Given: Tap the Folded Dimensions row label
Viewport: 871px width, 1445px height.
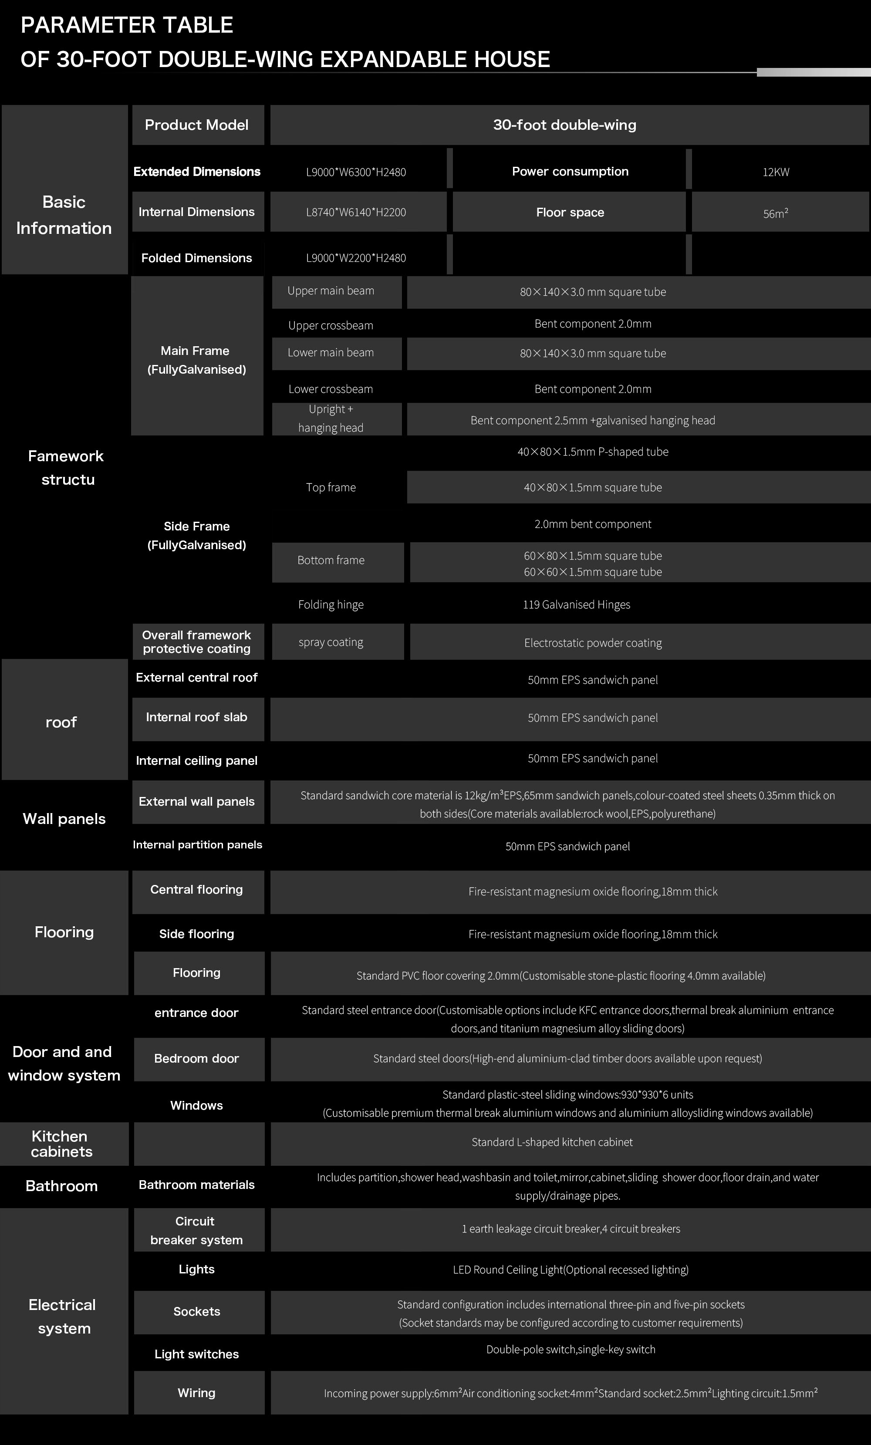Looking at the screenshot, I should point(196,258).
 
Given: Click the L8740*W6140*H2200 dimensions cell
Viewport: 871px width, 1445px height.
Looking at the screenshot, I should point(356,212).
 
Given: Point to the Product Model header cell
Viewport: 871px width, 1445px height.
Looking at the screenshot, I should point(196,125).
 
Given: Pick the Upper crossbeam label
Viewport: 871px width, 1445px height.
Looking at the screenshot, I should point(331,325).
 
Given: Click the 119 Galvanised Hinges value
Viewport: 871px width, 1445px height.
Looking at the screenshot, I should point(577,604).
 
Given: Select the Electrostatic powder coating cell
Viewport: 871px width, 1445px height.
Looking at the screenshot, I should point(593,643).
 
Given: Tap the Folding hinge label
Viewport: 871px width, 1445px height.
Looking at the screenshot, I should point(331,604).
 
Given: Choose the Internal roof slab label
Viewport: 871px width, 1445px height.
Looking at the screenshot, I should point(196,717).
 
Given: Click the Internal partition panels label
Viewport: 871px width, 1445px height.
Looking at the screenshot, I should point(197,844).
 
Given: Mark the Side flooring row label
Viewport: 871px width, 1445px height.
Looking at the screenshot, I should point(196,934).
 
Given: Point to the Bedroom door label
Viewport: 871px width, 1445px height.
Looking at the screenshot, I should point(196,1059).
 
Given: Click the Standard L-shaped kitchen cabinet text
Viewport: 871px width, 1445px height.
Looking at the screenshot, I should point(552,1142).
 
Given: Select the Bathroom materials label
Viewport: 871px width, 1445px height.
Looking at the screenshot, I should point(196,1185).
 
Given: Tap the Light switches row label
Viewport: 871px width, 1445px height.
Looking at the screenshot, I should point(196,1354).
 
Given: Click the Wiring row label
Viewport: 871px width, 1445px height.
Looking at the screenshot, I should point(196,1393).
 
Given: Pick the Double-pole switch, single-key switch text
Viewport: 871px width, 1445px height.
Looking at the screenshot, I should point(571,1350).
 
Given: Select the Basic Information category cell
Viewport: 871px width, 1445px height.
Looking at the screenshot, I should point(64,215).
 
